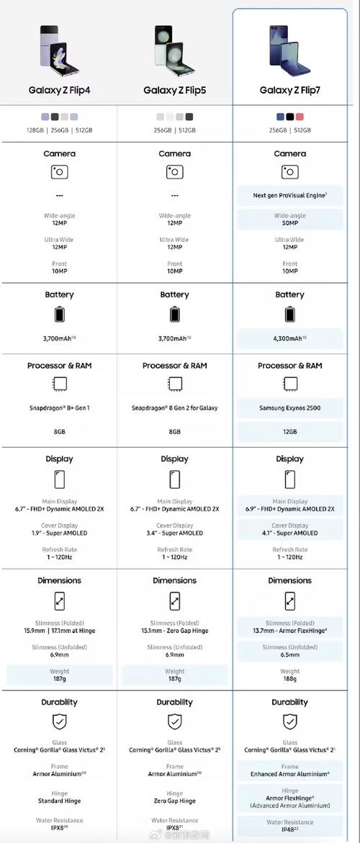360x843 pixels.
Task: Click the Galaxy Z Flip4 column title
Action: tap(59, 90)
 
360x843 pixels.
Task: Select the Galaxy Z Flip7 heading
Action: tap(289, 90)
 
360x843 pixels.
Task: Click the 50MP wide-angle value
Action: tap(289, 224)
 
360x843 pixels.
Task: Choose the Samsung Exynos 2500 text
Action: tap(289, 408)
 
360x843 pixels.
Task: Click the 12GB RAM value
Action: tap(289, 431)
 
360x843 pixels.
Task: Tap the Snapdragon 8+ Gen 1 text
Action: tap(59, 408)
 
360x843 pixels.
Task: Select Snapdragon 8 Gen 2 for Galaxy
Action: tap(174, 408)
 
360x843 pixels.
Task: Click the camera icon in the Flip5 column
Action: tap(174, 172)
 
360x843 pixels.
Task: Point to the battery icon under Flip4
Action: tap(59, 315)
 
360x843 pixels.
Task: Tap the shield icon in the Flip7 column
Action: tap(289, 721)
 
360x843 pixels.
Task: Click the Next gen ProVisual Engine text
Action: tap(289, 195)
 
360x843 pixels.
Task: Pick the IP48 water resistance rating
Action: tap(289, 829)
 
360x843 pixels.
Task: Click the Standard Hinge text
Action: tap(59, 801)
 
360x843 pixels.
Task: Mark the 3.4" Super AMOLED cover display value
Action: tap(174, 533)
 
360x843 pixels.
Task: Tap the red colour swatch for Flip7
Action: tap(300, 117)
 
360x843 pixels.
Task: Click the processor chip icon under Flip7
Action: tap(289, 384)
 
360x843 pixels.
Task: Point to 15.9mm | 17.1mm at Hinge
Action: tap(59, 631)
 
